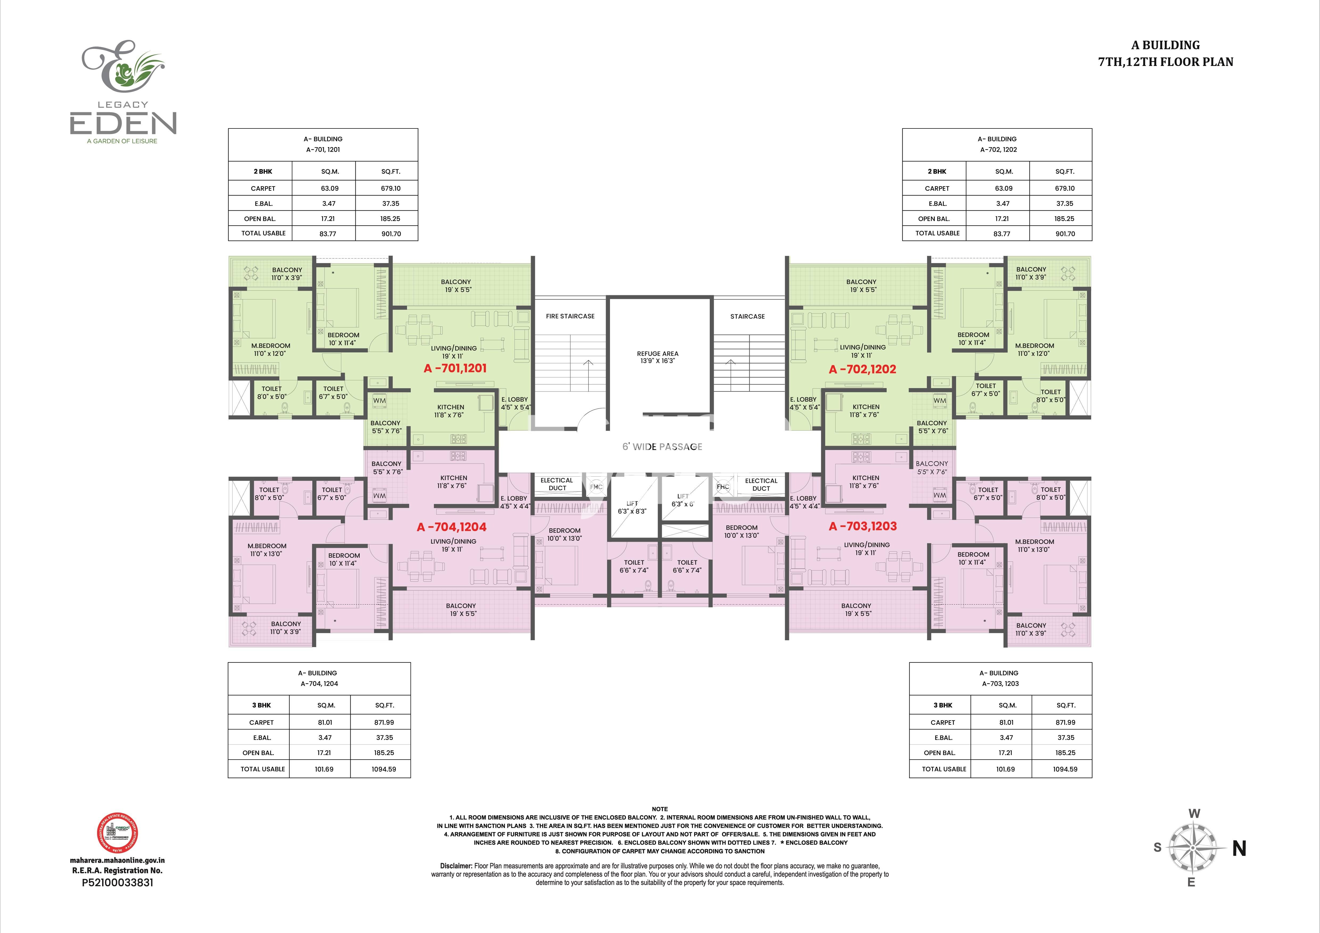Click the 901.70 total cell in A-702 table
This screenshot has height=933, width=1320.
tap(1065, 234)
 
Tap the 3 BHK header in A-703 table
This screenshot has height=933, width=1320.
tap(943, 705)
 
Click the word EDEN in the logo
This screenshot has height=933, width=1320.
tap(123, 124)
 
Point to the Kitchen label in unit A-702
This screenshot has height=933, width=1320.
tap(866, 410)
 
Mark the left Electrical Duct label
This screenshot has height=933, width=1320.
tap(557, 484)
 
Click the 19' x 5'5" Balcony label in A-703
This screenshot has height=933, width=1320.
tap(856, 609)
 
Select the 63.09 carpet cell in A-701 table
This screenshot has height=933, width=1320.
tap(329, 188)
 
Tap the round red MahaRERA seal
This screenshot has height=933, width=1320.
tap(117, 833)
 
